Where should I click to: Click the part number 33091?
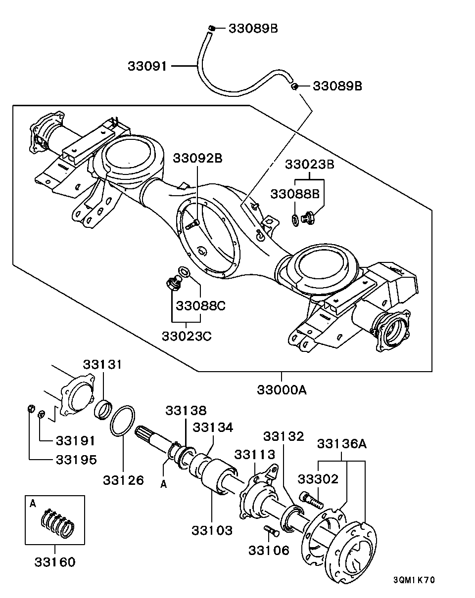pos(147,66)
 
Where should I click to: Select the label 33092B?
pos(197,159)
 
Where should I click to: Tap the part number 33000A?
pos(282,390)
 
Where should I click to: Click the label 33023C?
pos(187,336)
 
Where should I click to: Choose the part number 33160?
pos(55,562)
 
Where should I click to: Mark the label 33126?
pos(123,480)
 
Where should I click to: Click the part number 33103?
pos(212,530)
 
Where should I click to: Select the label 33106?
pos(269,550)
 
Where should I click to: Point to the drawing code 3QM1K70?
pos(414,580)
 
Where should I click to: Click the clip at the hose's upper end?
pos(211,28)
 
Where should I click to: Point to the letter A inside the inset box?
pos(33,504)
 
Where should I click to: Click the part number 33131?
pos(102,365)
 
